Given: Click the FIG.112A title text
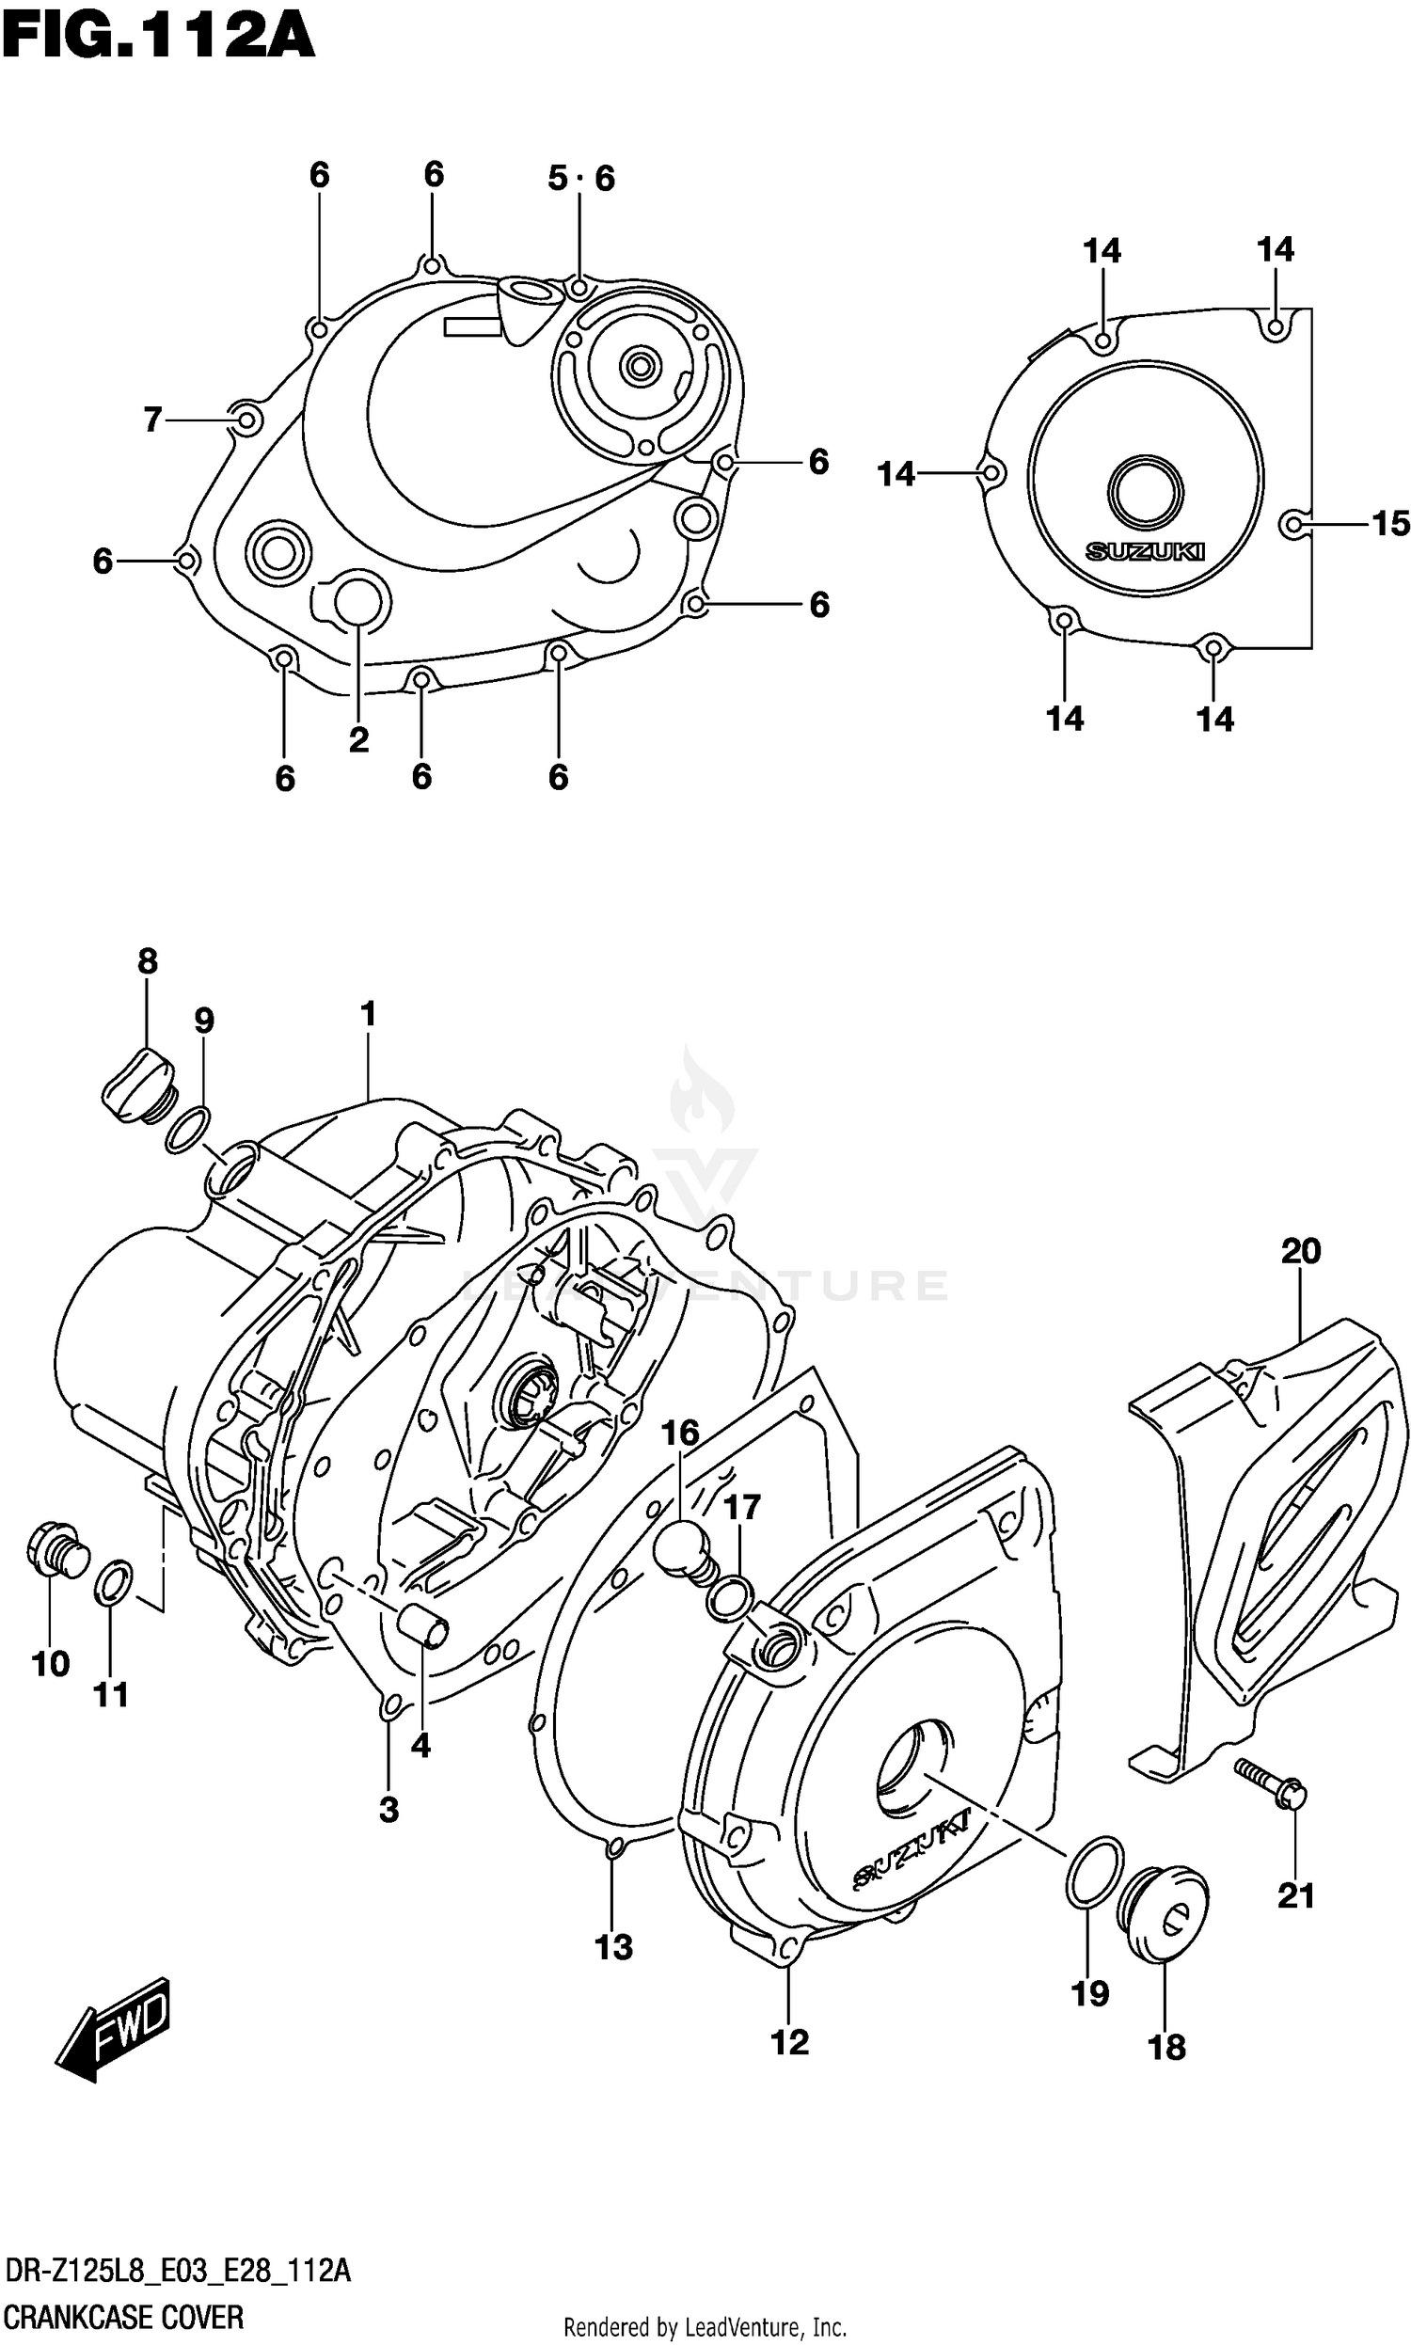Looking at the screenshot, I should [x=158, y=38].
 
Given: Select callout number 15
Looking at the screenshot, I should [x=1390, y=524].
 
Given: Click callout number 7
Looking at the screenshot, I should [x=153, y=420].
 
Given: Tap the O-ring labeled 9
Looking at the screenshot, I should [x=188, y=1131].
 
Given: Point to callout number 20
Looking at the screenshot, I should [x=1301, y=1252].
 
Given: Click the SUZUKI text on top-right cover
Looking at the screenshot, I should [x=1145, y=551].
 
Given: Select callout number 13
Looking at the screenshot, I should [x=613, y=1948].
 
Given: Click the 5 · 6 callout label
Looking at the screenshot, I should [x=581, y=178].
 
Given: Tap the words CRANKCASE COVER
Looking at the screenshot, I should [x=123, y=2318].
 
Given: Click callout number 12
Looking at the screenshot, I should [x=789, y=2042].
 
